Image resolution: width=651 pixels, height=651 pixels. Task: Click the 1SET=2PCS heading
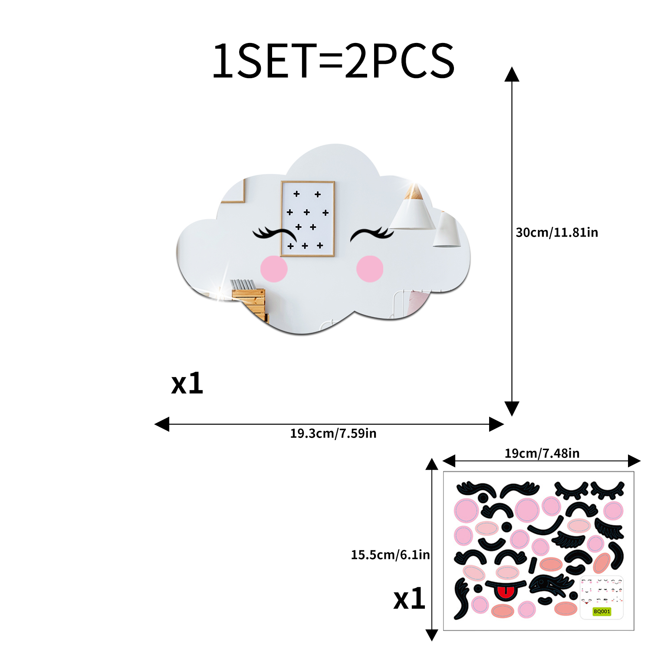(333, 61)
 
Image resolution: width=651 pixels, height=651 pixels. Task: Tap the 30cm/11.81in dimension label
(557, 233)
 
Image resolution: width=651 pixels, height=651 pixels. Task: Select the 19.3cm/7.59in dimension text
(333, 434)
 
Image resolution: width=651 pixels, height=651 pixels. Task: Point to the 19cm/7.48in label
(542, 454)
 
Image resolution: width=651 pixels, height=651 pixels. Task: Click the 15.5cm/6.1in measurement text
(390, 555)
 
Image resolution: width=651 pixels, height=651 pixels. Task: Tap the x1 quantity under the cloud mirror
(187, 383)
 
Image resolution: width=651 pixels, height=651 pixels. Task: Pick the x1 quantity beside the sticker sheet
(409, 599)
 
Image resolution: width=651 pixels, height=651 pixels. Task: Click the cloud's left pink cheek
(274, 269)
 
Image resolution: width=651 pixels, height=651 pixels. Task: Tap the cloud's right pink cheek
(370, 269)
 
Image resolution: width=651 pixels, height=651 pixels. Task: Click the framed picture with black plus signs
(308, 219)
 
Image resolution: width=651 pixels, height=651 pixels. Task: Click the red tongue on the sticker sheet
(504, 593)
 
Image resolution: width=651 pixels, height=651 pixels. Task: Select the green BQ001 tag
(602, 612)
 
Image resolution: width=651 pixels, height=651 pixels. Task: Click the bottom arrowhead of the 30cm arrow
(512, 409)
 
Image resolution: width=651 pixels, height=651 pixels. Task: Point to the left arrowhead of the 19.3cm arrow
(162, 424)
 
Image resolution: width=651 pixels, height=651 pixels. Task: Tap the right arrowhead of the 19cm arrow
(634, 461)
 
